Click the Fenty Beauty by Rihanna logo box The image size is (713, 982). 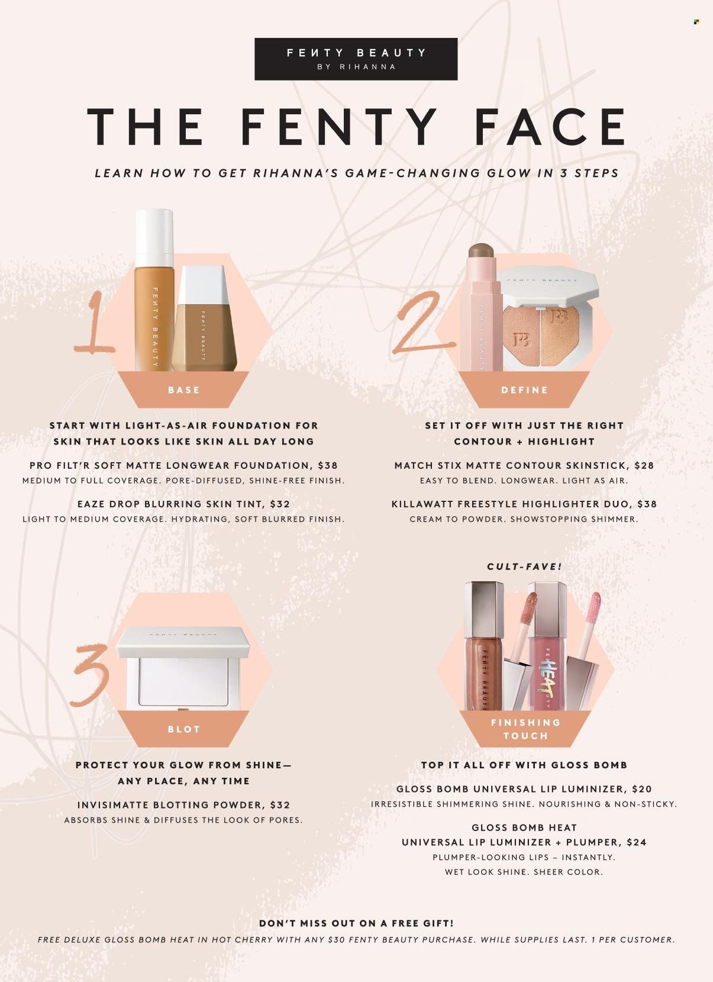(x=356, y=59)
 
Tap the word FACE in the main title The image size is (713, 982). (x=550, y=127)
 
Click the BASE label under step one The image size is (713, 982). (x=183, y=389)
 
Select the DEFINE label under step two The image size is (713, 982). (x=525, y=389)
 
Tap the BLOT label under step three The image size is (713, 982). (x=183, y=729)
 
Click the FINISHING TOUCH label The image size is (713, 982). (x=525, y=729)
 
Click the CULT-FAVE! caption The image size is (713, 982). (x=525, y=566)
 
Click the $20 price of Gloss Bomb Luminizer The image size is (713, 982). (x=642, y=789)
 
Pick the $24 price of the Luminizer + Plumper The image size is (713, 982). (x=636, y=842)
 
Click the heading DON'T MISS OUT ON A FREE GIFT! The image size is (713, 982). (x=356, y=923)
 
